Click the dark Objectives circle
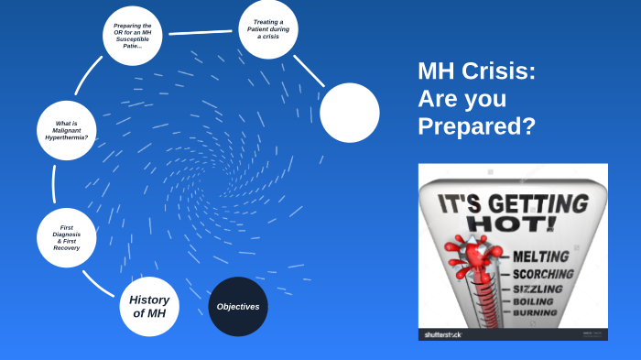(x=238, y=306)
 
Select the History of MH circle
(x=149, y=307)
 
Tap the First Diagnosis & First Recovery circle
(x=66, y=237)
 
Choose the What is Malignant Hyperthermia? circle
(x=67, y=130)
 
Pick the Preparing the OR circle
(x=133, y=37)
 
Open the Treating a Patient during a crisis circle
(x=268, y=30)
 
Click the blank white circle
(x=350, y=113)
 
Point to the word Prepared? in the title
(x=476, y=126)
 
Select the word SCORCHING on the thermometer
(x=544, y=273)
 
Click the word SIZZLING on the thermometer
(x=539, y=289)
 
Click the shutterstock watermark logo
(x=443, y=334)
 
